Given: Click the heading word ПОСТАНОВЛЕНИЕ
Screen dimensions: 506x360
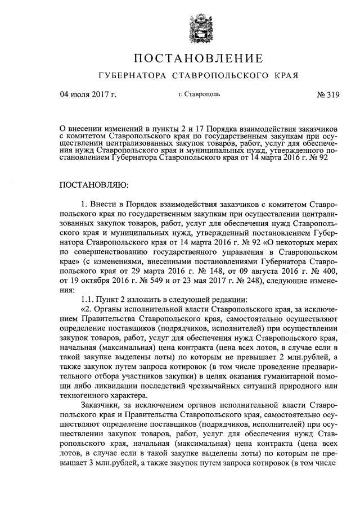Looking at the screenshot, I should click(x=198, y=58).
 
